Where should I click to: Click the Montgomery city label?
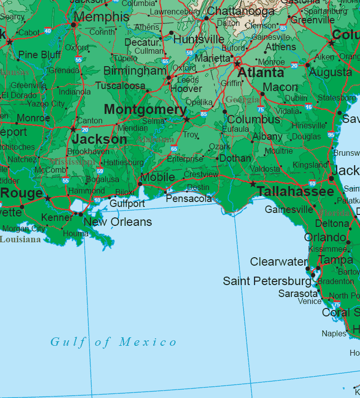145,109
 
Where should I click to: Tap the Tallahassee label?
295,192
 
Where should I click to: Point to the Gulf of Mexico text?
113,342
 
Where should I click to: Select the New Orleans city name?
117,222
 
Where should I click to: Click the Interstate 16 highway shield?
309,107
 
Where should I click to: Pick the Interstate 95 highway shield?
331,135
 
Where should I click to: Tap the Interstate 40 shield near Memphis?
48,31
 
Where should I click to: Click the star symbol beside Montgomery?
186,119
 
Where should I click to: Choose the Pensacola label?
189,199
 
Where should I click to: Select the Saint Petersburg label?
267,281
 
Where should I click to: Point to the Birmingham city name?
135,71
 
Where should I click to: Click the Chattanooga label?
241,11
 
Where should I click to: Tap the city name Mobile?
158,178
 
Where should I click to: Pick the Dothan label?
235,159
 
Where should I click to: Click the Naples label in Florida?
334,333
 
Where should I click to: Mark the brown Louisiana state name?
20,239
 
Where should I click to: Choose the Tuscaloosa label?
120,86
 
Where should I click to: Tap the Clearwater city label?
279,262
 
